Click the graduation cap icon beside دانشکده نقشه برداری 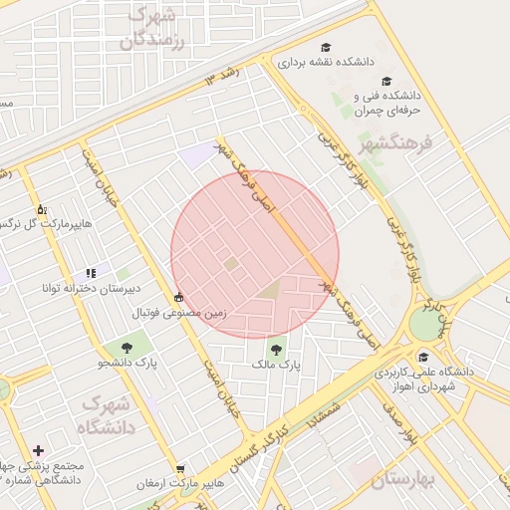point(326,46)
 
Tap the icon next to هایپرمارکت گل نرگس point(41,209)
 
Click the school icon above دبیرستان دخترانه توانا point(91,272)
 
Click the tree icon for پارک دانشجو point(127,347)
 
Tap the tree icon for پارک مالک point(276,349)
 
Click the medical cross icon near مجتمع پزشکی point(38,450)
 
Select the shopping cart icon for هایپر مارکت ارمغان point(180,468)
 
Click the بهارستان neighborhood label point(404,479)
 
